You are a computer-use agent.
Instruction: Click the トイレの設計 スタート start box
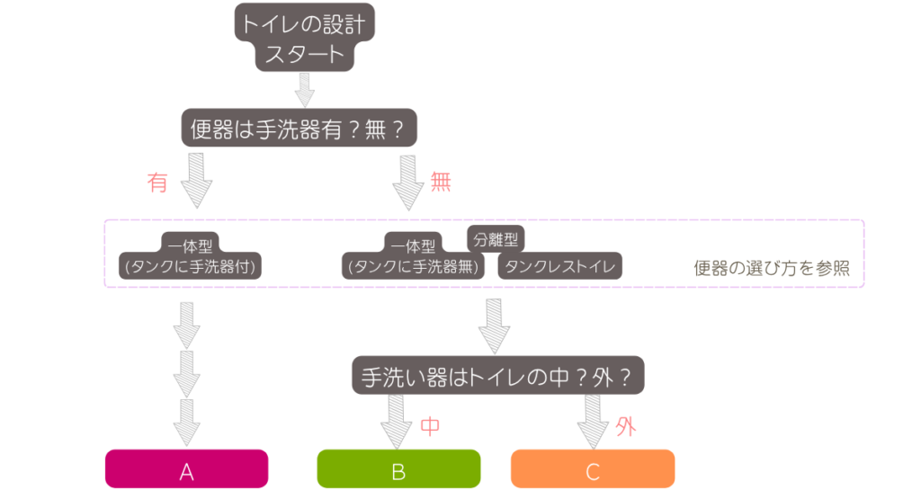point(304,38)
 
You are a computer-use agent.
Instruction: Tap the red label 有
point(158,183)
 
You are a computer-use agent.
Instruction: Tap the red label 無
point(441,183)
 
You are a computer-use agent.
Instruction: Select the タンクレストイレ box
point(560,266)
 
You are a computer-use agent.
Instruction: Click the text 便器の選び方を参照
point(772,268)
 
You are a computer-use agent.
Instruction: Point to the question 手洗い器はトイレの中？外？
point(497,377)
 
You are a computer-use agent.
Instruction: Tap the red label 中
point(430,427)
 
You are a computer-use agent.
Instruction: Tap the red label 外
point(626,427)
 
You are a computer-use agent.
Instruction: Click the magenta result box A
point(187,468)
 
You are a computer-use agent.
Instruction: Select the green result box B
point(398,468)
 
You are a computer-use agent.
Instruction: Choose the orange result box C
point(593,468)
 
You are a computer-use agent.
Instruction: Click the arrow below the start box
point(305,89)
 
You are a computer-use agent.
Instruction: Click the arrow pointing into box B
point(396,422)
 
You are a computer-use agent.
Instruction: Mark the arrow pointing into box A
point(187,423)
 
